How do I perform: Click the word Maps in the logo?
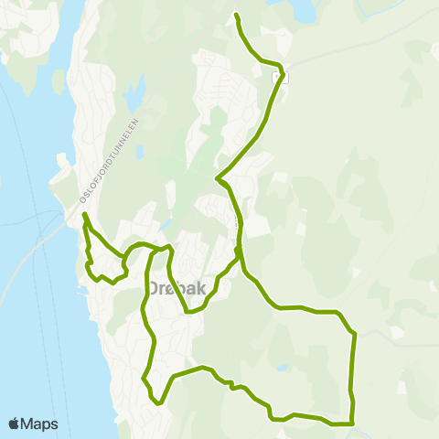point(41,423)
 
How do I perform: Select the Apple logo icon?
point(15,423)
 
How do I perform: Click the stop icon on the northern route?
point(284,77)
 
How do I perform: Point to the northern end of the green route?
point(236,15)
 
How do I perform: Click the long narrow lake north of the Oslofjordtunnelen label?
point(136,91)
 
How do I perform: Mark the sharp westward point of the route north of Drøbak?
point(216,178)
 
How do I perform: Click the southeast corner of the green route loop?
point(352,423)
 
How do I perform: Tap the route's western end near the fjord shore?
point(83,214)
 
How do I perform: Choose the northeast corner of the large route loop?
point(353,334)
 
